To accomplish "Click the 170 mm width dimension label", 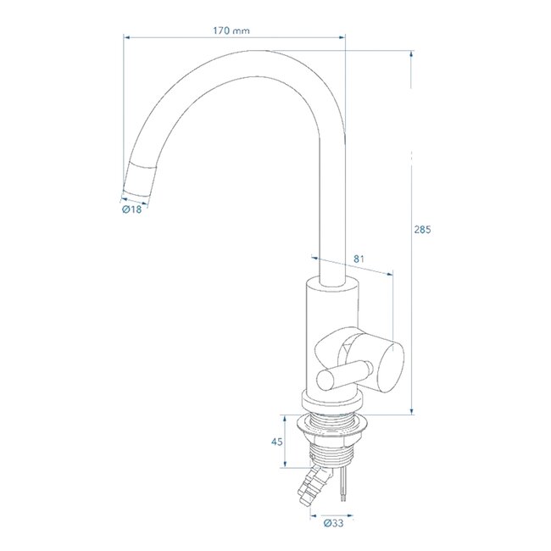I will (x=231, y=30).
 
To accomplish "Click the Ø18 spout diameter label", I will (x=131, y=209).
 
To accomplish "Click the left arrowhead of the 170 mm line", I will (x=127, y=36).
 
